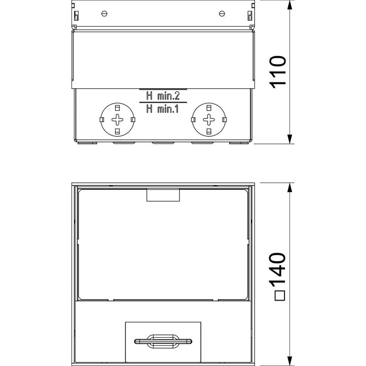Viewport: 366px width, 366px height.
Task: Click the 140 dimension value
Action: click(x=278, y=269)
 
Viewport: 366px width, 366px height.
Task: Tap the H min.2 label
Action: click(x=163, y=96)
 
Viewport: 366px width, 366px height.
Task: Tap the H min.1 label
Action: click(x=162, y=109)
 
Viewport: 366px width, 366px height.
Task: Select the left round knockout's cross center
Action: click(x=118, y=120)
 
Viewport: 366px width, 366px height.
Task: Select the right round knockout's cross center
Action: click(x=209, y=120)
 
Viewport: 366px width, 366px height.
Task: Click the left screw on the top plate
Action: click(x=104, y=14)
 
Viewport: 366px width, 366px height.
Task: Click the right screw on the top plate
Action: click(x=222, y=14)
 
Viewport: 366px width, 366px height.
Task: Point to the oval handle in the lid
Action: click(x=163, y=341)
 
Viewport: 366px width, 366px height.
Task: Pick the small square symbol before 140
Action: click(x=280, y=296)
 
